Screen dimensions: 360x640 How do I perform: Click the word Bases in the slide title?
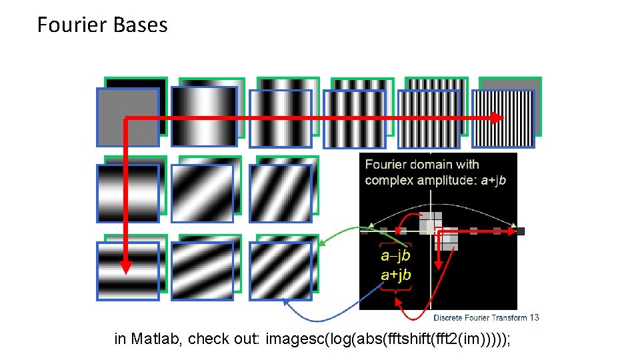[x=141, y=25]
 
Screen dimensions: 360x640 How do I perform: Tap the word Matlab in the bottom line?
[x=157, y=339]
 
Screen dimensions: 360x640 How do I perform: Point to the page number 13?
[x=534, y=317]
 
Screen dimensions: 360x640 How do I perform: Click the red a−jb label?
[x=395, y=255]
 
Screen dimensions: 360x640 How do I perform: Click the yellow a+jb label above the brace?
[x=395, y=275]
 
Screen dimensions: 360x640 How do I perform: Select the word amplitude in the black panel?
[x=446, y=180]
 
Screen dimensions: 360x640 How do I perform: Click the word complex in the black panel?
[x=388, y=180]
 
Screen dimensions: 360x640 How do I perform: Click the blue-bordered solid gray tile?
[x=128, y=117]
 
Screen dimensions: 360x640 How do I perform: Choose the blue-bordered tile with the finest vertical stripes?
[x=503, y=117]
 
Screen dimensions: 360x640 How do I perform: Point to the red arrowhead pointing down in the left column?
[x=126, y=267]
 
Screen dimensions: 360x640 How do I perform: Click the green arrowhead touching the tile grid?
[x=320, y=244]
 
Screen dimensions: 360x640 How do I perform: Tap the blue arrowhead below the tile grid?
[x=287, y=302]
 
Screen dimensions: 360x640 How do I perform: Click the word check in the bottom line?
[x=206, y=339]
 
